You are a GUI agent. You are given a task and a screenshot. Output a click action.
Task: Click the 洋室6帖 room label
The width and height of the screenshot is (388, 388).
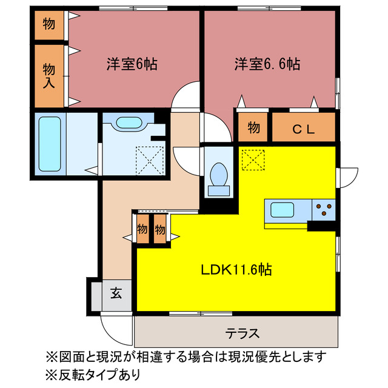click(x=132, y=64)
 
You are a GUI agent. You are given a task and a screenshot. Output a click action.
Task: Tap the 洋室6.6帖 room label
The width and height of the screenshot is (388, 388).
click(x=267, y=64)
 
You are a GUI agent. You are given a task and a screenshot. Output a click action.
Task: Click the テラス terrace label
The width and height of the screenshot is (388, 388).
click(x=242, y=333)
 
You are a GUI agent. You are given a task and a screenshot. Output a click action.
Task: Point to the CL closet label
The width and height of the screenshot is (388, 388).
click(x=303, y=129)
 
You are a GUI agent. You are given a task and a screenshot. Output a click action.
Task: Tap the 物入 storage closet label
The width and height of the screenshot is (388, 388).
click(x=49, y=75)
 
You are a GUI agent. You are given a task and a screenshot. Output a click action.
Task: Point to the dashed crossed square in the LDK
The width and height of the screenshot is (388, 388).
click(x=253, y=159)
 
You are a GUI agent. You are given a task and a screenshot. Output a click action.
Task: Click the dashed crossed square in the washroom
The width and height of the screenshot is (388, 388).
click(x=149, y=159)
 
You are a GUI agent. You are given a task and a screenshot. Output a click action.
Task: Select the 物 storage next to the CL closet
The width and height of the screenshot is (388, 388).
click(x=254, y=129)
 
